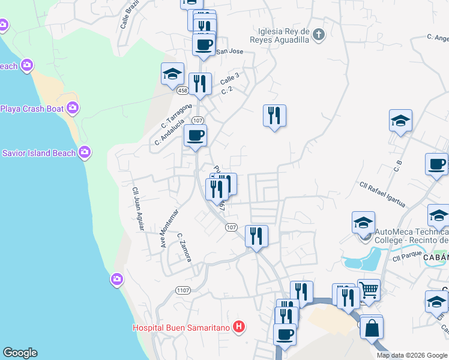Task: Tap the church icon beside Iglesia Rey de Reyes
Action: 319,35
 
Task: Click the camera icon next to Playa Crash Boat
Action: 73,108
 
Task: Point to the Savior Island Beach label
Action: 38,153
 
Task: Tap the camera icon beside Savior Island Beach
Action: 85,152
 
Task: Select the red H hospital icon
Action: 239,327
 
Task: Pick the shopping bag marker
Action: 372,329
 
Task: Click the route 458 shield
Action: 183,90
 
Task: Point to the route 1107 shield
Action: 184,290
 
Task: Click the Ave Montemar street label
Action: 169,229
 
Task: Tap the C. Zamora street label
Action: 184,247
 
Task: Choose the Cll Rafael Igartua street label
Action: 382,194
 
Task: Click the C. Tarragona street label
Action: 175,116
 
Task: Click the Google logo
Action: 20,353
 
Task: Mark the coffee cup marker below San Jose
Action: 203,44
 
